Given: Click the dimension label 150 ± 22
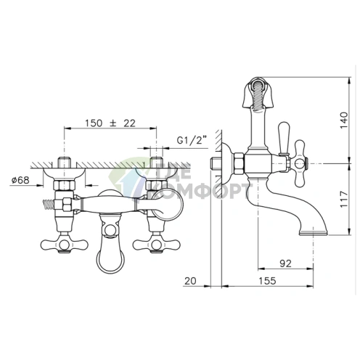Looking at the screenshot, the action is (110, 123).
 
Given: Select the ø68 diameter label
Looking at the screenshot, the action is (20, 180).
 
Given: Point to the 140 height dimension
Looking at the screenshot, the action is (344, 120).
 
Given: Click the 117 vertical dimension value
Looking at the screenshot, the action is (344, 199).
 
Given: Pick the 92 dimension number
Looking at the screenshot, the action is (285, 263).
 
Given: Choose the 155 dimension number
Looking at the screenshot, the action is (267, 281).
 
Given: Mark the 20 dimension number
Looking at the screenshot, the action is (190, 281).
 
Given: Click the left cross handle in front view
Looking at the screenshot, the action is (64, 245).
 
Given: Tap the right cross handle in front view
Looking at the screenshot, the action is (157, 245).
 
